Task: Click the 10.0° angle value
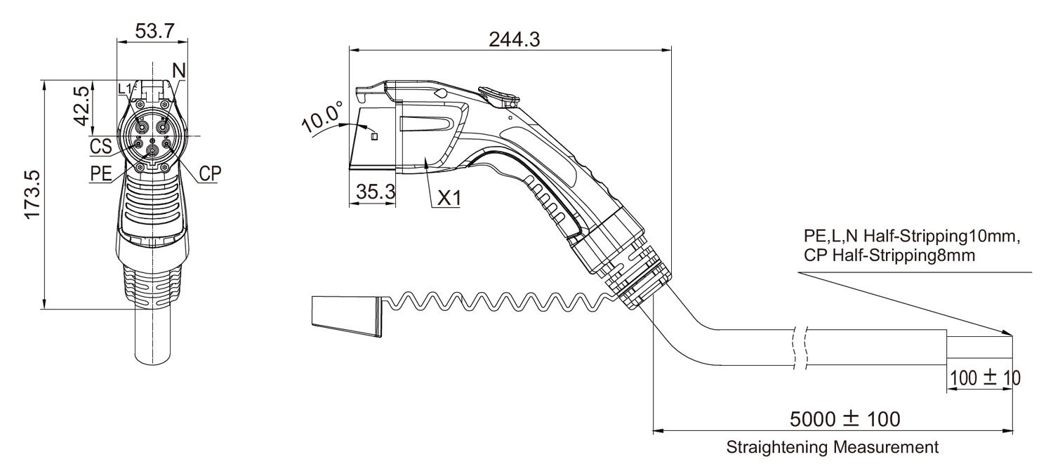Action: pos(322,117)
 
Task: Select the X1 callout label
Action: pos(450,199)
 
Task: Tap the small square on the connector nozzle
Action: pos(374,136)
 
